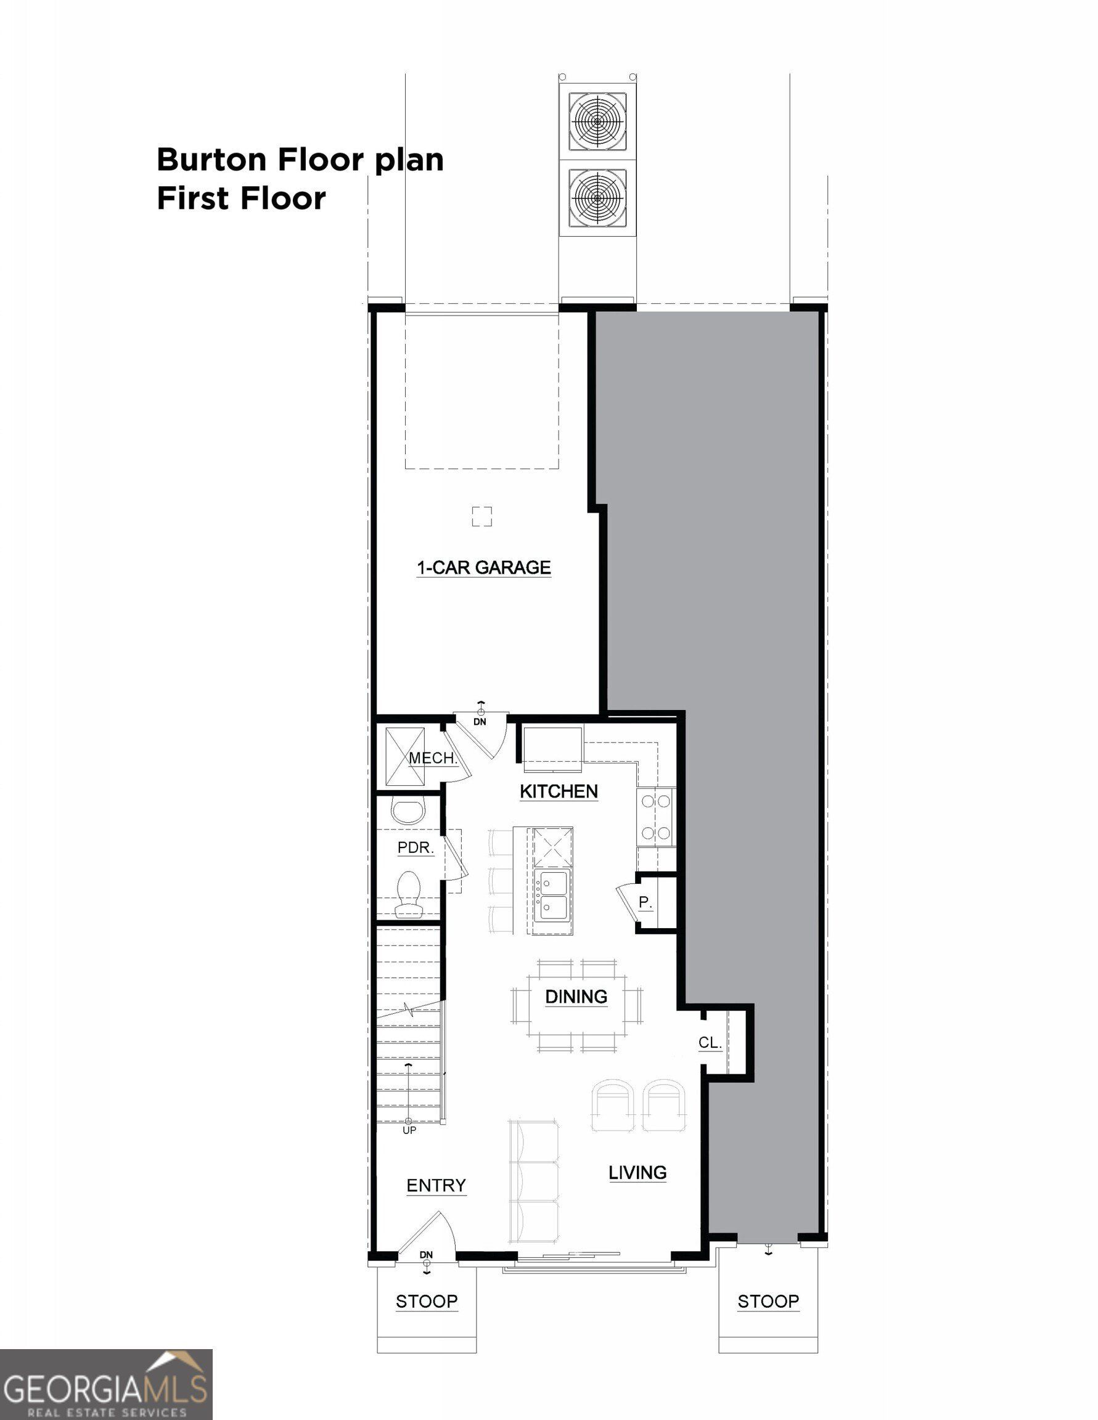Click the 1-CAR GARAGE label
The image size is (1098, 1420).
(483, 568)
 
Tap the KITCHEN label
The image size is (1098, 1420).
(558, 791)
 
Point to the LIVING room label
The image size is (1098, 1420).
(637, 1172)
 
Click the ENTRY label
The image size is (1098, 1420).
(436, 1185)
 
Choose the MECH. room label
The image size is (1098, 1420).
(433, 757)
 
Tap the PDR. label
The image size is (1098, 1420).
(415, 847)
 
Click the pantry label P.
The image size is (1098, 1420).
(645, 902)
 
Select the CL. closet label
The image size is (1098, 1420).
(710, 1042)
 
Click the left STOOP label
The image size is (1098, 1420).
(427, 1301)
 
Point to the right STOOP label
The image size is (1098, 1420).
(768, 1301)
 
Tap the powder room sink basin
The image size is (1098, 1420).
(408, 812)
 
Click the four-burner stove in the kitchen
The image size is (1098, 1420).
(655, 817)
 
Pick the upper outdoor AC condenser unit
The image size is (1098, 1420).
(597, 121)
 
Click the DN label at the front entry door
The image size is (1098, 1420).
(426, 1254)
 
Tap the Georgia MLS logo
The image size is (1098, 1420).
(106, 1385)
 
